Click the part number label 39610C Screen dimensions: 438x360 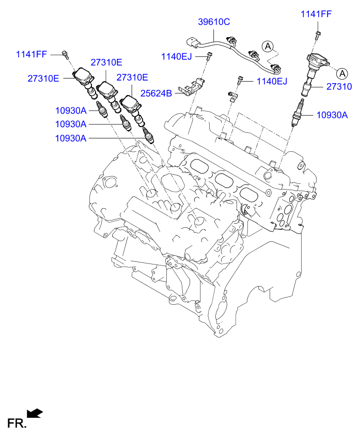click(214, 22)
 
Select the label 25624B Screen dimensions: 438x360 click(157, 95)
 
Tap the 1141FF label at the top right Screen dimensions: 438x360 click(316, 14)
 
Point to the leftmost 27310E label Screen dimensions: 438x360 click(43, 78)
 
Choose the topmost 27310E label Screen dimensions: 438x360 click(106, 62)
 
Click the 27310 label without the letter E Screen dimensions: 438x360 click(338, 87)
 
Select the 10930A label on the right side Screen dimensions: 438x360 click(332, 115)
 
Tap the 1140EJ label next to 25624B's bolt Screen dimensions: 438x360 click(177, 56)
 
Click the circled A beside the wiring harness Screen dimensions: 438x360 click(268, 46)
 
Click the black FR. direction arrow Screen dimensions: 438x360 click(35, 413)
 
